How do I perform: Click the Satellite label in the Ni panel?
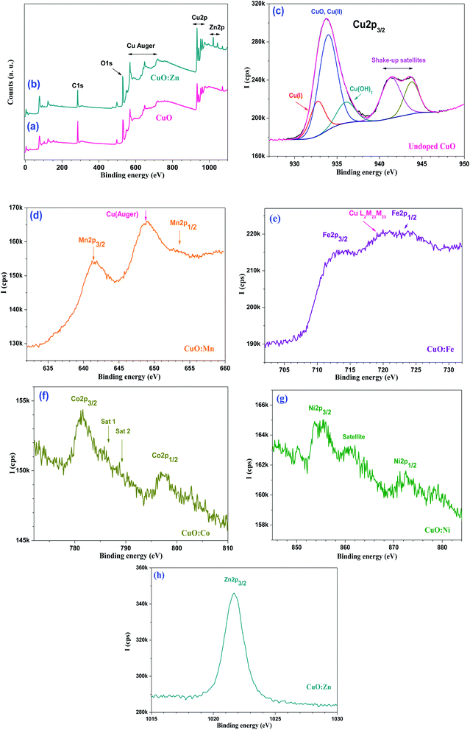click(358, 436)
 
